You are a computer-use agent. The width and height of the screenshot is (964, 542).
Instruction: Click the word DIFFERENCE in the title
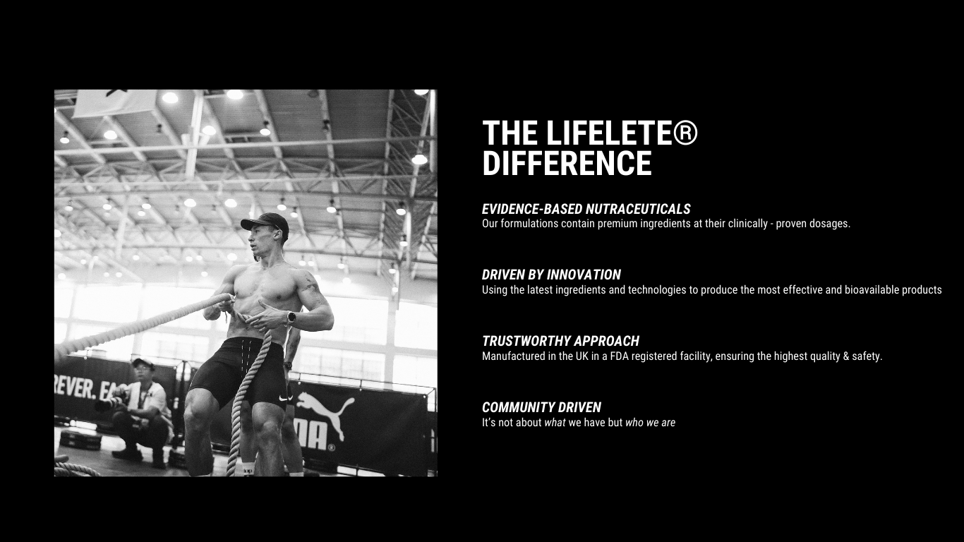pyautogui.click(x=567, y=163)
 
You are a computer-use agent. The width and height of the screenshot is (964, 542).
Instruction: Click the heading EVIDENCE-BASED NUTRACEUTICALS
pyautogui.click(x=586, y=209)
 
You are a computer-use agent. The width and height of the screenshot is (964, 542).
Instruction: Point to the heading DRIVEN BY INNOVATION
pyautogui.click(x=551, y=275)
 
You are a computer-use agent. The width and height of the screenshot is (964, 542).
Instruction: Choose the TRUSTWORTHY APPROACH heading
pyautogui.click(x=560, y=341)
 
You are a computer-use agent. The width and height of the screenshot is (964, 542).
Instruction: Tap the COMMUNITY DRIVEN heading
pyautogui.click(x=541, y=407)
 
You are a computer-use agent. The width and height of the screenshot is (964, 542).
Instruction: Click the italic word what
pyautogui.click(x=555, y=423)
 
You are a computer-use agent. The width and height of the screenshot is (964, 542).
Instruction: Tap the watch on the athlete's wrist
pyautogui.click(x=291, y=318)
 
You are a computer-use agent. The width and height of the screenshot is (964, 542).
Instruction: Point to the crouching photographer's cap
pyautogui.click(x=143, y=363)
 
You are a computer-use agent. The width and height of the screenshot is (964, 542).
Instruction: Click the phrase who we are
pyautogui.click(x=650, y=423)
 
